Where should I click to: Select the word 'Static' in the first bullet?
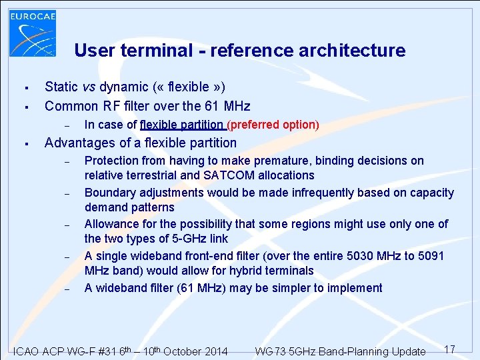tap(61, 87)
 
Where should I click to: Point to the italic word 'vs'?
tap(89, 87)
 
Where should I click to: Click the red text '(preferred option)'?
tap(273, 125)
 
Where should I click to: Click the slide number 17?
tap(449, 349)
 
